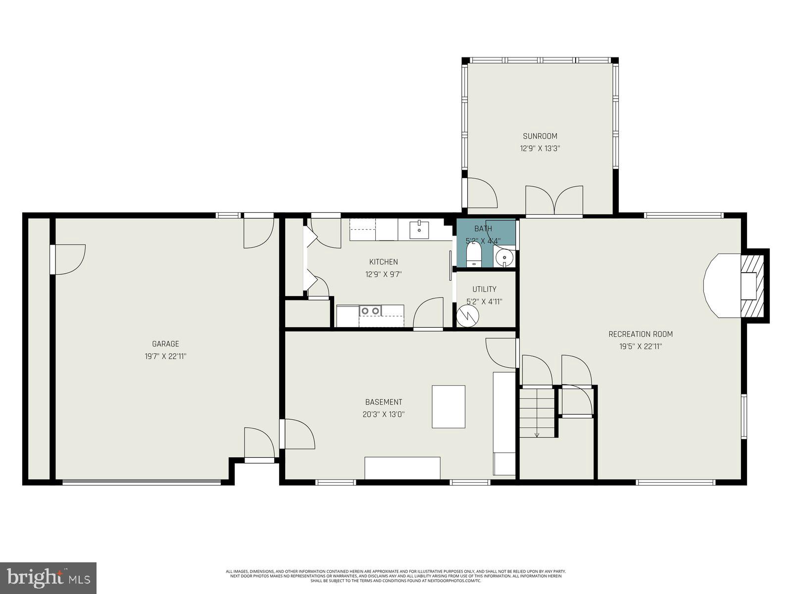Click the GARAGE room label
pyautogui.click(x=165, y=344)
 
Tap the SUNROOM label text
pyautogui.click(x=540, y=136)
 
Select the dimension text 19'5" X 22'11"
pyautogui.click(x=641, y=346)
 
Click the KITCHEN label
pyautogui.click(x=383, y=262)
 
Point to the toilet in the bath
pyautogui.click(x=474, y=255)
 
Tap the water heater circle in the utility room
pyautogui.click(x=467, y=315)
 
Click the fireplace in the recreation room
pyautogui.click(x=752, y=286)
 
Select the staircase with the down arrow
pyautogui.click(x=537, y=412)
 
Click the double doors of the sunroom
pyautogui.click(x=554, y=200)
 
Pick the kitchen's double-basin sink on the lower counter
pyautogui.click(x=370, y=311)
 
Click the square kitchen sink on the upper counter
pyautogui.click(x=419, y=230)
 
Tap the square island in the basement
pyautogui.click(x=448, y=406)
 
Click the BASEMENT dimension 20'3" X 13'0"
pyautogui.click(x=384, y=415)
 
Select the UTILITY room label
pyautogui.click(x=484, y=289)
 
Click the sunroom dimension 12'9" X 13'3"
pyautogui.click(x=540, y=148)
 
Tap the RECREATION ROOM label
pyautogui.click(x=641, y=334)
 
